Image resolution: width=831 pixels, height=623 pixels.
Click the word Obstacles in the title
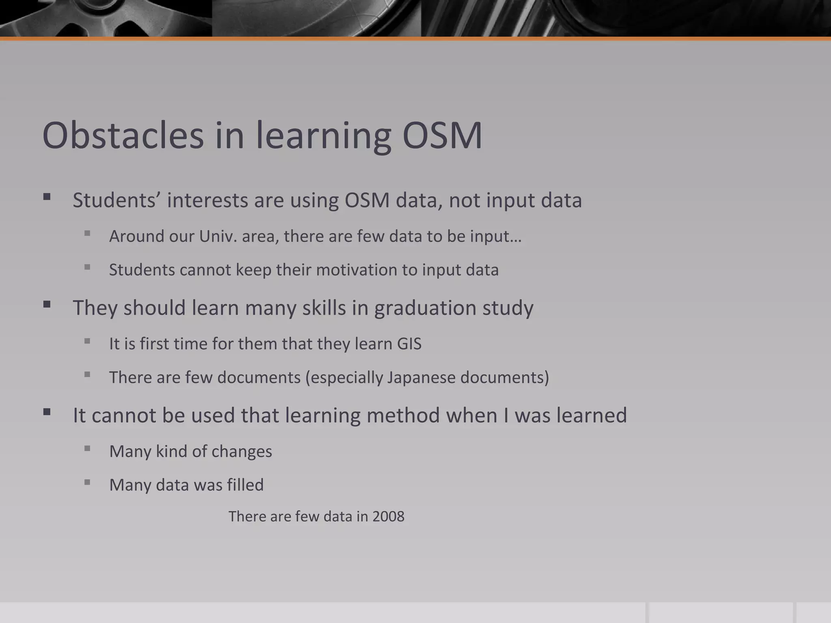click(x=123, y=135)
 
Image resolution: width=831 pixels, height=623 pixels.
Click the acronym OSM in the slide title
click(x=442, y=135)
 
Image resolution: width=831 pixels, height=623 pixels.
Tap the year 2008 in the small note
click(x=388, y=516)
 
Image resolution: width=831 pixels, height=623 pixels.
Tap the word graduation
click(x=425, y=308)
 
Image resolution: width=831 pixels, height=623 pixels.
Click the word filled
click(x=245, y=485)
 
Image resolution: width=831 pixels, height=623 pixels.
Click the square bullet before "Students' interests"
click(x=47, y=197)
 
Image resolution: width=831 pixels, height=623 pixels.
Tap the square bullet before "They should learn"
click(x=47, y=305)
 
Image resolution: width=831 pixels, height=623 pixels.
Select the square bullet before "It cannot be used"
click(x=47, y=412)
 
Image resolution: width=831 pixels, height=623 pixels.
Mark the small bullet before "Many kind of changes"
click(x=87, y=449)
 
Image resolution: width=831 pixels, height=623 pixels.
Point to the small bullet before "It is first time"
click(x=87, y=341)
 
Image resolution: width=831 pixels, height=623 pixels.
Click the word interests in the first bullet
click(x=207, y=200)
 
